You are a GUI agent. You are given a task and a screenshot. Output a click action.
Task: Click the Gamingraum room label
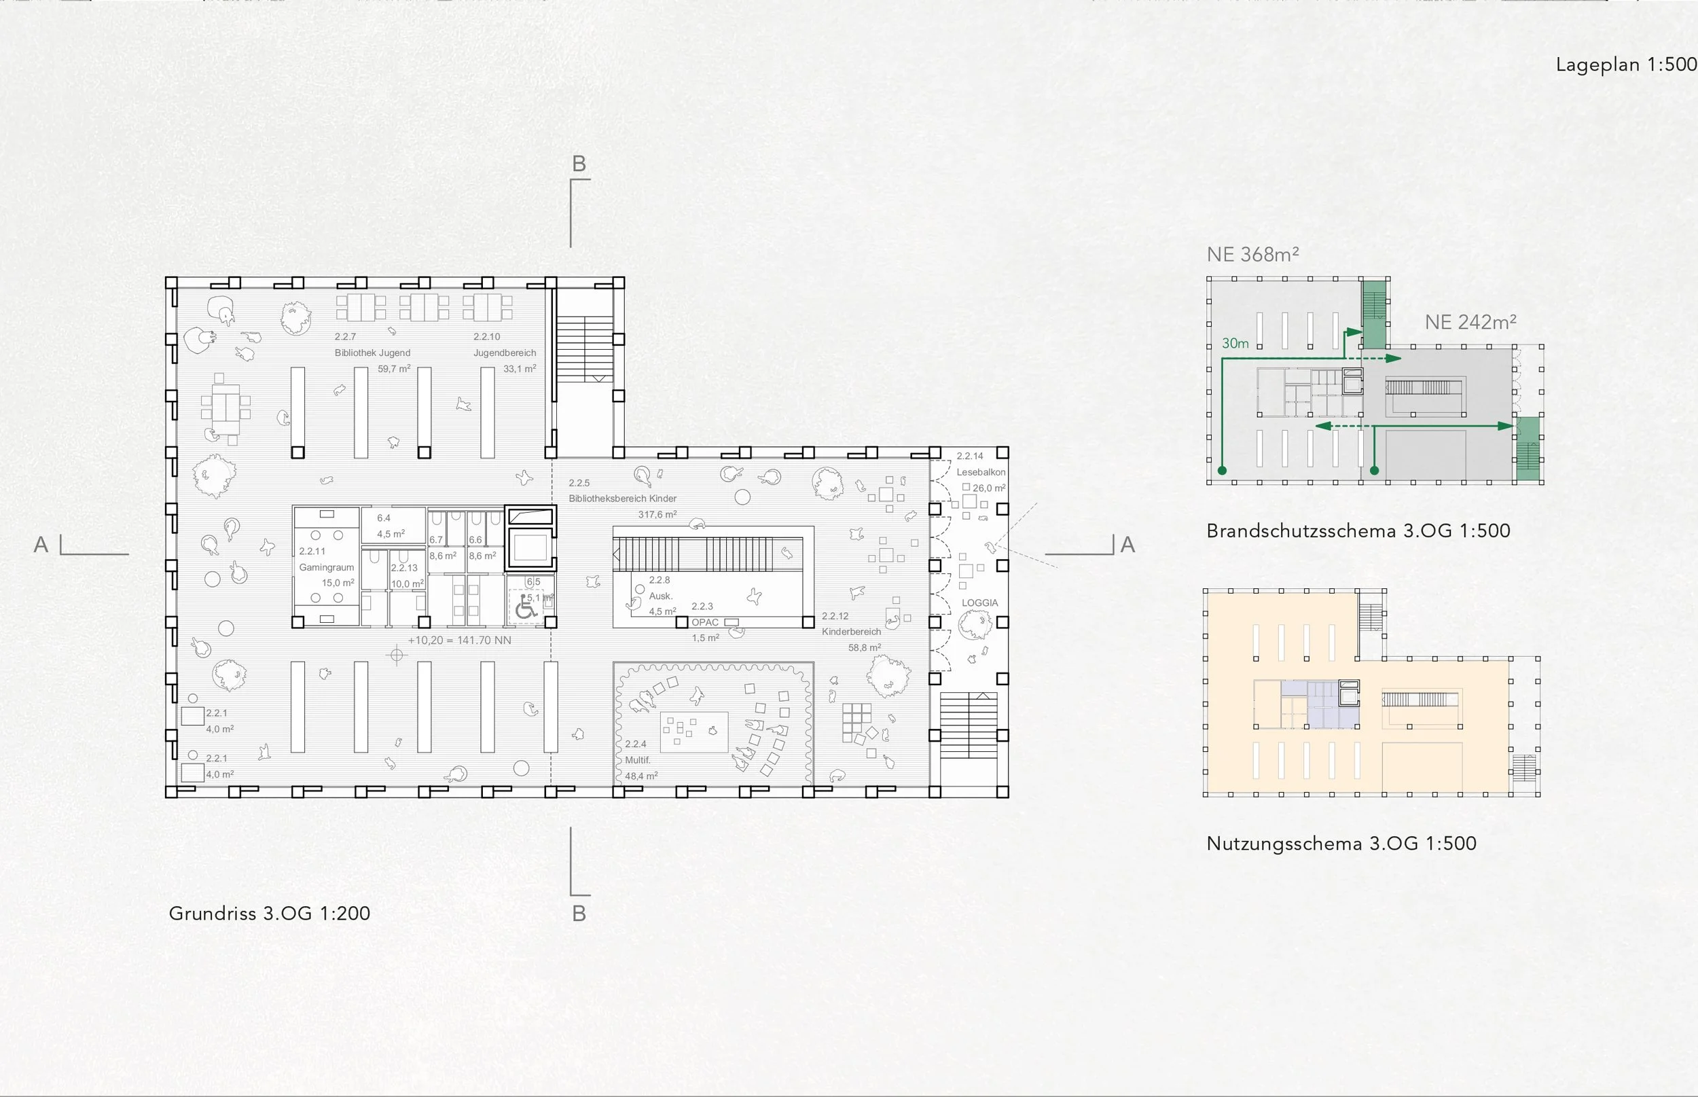coord(326,567)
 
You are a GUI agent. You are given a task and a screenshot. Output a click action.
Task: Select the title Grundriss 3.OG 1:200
coord(269,913)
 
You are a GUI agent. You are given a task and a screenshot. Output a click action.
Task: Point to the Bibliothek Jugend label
coord(372,353)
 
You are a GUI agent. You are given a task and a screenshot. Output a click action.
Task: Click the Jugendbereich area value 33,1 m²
coord(519,369)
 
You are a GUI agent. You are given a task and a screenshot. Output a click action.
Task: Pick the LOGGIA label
coord(979,603)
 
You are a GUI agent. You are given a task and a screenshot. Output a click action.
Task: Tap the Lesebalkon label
coord(981,472)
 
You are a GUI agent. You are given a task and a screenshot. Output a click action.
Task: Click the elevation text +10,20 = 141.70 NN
coord(459,641)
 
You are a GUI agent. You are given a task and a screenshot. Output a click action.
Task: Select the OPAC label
coord(705,622)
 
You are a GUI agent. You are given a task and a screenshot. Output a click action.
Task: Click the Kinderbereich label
coord(851,632)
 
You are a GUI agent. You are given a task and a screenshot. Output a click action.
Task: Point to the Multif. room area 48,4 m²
coord(641,776)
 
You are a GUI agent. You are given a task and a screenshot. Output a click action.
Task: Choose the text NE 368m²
coord(1252,254)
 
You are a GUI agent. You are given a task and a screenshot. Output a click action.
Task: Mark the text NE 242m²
coord(1470,322)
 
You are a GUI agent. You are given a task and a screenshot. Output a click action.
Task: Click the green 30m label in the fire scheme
coord(1235,343)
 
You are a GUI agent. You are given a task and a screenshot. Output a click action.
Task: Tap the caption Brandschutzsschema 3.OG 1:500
coord(1358,530)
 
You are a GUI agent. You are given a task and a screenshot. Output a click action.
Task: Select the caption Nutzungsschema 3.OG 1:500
coord(1341,844)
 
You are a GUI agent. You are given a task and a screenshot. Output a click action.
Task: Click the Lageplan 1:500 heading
coord(1626,65)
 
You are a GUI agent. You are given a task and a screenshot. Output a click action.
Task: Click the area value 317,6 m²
coord(657,514)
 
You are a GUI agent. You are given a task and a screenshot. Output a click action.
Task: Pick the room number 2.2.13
coord(404,568)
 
